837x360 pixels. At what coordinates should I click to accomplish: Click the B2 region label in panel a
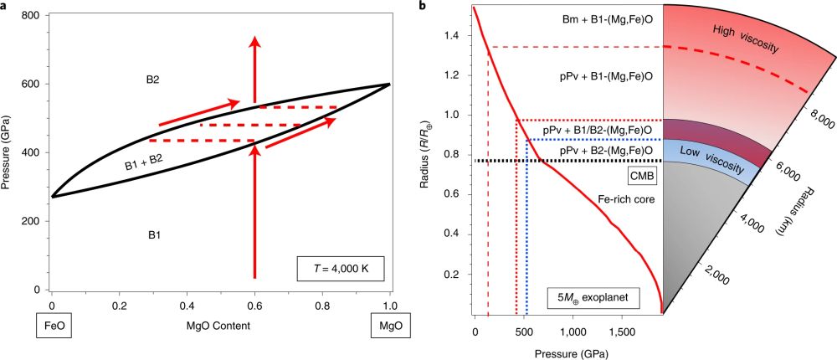(153, 80)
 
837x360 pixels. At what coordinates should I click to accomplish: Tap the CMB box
(641, 176)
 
